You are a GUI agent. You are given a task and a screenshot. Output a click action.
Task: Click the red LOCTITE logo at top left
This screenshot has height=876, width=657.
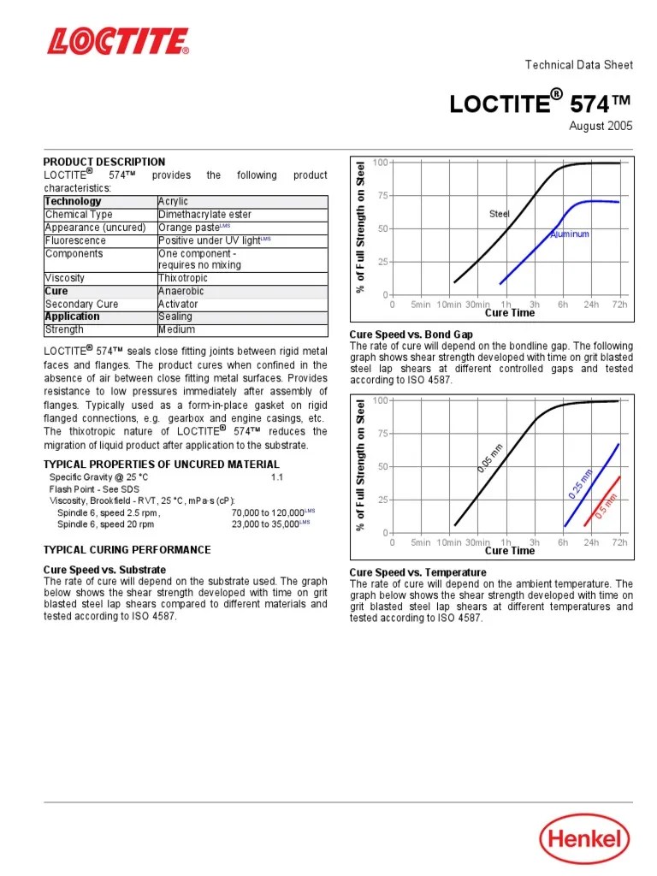[x=118, y=41]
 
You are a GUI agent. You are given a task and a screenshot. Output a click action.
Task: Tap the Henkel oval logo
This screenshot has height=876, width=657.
[x=583, y=838]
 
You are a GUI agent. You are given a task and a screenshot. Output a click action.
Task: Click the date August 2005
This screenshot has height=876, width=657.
[x=601, y=126]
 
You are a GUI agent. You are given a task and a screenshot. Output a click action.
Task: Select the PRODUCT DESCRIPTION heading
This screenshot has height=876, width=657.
[x=104, y=162]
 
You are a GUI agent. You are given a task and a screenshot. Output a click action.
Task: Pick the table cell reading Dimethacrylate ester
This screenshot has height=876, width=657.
[x=204, y=215]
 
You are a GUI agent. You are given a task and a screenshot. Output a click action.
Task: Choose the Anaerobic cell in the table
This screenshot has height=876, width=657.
[x=181, y=291]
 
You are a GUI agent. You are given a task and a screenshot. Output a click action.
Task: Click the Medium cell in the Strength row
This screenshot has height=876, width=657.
[x=176, y=329]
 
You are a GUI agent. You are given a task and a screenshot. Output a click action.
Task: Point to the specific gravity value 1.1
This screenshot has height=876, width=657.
[x=276, y=476]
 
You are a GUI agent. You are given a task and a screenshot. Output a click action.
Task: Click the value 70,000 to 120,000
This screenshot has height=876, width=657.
[x=267, y=512]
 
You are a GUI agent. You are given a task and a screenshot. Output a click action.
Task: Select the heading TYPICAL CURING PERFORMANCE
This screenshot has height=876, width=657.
[x=127, y=549]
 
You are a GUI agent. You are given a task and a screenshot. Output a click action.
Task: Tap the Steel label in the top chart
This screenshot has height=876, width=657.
[x=499, y=213]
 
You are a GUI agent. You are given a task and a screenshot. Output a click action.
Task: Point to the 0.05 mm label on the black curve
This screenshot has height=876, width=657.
[x=490, y=457]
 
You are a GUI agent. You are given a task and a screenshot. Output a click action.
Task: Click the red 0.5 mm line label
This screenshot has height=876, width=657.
[x=606, y=506]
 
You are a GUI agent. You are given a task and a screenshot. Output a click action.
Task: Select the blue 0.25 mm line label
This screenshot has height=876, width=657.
[x=580, y=483]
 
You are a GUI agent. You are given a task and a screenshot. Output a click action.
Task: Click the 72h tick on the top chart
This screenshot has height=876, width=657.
[x=619, y=304]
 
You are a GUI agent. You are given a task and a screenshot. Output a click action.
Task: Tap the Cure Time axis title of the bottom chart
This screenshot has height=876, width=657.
[x=510, y=551]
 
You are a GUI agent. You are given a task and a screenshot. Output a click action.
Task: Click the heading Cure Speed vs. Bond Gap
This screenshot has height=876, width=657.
[x=411, y=334]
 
